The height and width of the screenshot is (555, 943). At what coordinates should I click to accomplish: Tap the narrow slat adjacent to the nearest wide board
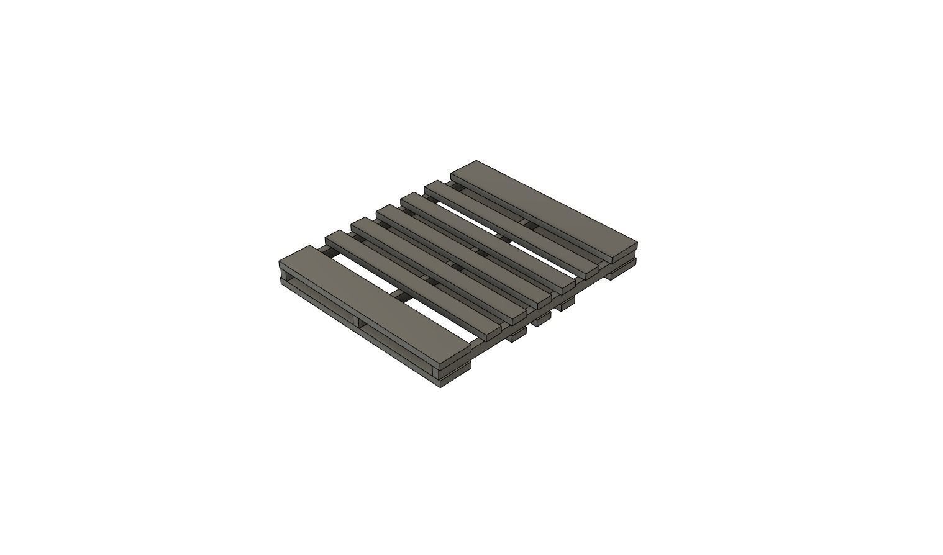point(413,279)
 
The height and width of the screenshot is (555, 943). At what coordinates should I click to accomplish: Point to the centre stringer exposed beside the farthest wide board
point(525,222)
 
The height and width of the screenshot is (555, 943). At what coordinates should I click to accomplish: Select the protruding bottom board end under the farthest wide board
point(621,272)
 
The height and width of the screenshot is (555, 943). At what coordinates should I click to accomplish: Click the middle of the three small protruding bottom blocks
point(540,318)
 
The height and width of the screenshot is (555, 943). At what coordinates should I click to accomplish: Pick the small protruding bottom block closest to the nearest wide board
point(516,336)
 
